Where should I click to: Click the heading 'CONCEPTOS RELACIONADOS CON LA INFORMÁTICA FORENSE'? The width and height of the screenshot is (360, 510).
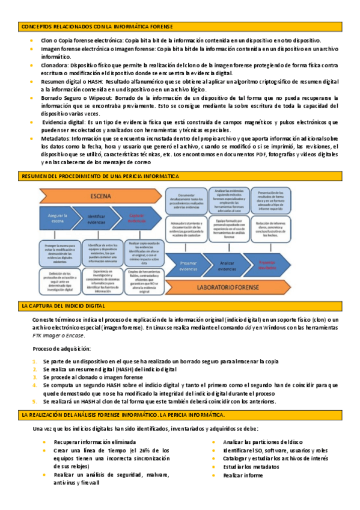click(x=97, y=27)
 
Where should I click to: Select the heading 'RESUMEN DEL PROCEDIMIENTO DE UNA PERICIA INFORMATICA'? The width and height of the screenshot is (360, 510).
click(x=100, y=176)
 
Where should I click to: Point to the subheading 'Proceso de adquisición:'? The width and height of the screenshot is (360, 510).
click(x=59, y=349)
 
